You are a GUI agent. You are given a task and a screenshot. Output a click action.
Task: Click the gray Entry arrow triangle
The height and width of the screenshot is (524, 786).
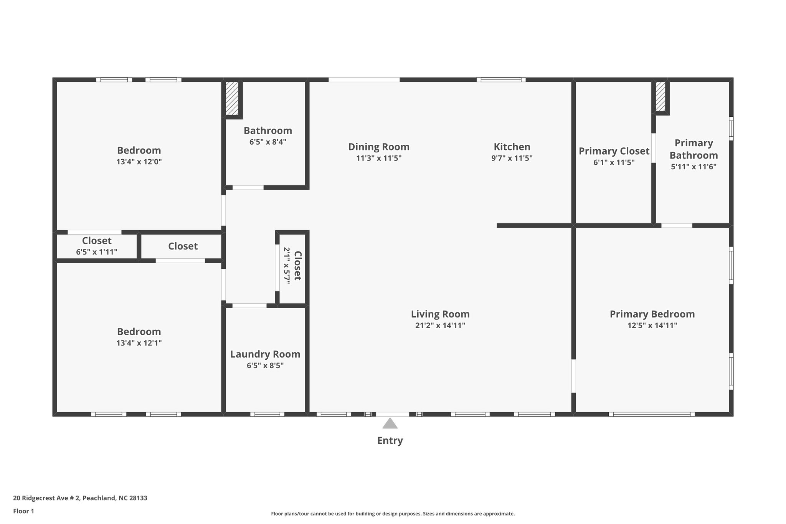point(390,423)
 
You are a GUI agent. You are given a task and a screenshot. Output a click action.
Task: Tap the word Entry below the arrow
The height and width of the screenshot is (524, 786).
point(390,440)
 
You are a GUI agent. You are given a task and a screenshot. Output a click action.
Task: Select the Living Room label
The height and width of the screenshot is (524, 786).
point(440,314)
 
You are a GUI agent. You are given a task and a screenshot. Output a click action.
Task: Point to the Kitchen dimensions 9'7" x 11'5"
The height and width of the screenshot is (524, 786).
point(512,158)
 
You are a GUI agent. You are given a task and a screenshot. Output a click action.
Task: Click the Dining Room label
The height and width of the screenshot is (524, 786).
point(378,147)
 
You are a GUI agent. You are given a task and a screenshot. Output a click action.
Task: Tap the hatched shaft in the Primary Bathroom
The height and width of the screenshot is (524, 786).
point(660,96)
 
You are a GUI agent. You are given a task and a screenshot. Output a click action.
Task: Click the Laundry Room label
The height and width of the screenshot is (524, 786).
point(265,354)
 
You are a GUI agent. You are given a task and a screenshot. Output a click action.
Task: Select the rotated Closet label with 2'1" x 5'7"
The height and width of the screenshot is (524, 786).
point(297,266)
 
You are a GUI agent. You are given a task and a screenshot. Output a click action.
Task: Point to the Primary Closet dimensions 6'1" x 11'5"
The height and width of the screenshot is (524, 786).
point(614,162)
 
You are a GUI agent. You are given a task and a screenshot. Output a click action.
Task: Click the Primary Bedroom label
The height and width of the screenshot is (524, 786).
point(652,314)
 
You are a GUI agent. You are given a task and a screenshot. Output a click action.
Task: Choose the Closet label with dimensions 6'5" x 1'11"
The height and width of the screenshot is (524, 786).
point(97,241)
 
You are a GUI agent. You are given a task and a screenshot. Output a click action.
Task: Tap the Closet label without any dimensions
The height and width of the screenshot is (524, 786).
point(183,246)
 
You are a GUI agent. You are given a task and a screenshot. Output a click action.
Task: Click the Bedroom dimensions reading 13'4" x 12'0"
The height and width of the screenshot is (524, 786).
point(139,162)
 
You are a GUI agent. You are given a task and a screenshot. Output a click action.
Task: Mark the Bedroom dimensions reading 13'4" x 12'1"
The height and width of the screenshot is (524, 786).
point(139,343)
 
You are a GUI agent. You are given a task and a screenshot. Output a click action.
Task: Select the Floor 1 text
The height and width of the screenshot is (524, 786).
point(23,511)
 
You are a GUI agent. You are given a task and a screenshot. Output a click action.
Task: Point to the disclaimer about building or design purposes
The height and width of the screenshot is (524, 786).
point(393,514)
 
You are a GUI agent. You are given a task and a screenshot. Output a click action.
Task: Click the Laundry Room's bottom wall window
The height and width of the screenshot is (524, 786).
point(267,414)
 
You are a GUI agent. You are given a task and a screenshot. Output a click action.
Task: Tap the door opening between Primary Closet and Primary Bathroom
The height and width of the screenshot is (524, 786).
point(653,148)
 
